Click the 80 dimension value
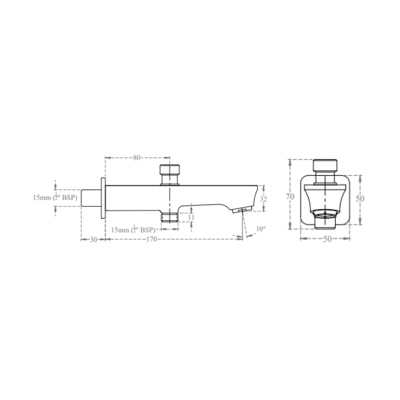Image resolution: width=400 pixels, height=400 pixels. [x=137, y=158]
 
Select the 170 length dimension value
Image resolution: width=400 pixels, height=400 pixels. [x=151, y=239]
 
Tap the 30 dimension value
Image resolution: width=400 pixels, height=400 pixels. [x=93, y=240]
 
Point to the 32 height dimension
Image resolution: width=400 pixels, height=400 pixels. [x=263, y=199]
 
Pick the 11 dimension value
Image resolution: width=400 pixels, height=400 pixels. [x=191, y=217]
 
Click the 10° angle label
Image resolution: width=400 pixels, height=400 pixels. [x=261, y=229]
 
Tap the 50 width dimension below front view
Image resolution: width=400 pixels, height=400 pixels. [x=327, y=239]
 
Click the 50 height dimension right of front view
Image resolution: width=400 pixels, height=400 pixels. [x=360, y=199]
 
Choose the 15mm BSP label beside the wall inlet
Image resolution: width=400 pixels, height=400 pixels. [x=55, y=198]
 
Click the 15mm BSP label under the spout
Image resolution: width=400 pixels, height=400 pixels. [x=133, y=230]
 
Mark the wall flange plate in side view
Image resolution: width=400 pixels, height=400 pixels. [x=103, y=198]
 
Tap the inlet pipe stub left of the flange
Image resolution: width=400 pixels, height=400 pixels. [x=91, y=198]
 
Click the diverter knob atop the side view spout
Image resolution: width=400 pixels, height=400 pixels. [x=169, y=170]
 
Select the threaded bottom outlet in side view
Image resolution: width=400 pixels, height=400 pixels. [x=170, y=216]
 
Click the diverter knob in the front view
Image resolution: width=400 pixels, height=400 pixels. [x=325, y=166]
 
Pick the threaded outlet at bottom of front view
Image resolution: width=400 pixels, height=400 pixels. [x=325, y=221]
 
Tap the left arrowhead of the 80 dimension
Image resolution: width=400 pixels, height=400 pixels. [x=107, y=158]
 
